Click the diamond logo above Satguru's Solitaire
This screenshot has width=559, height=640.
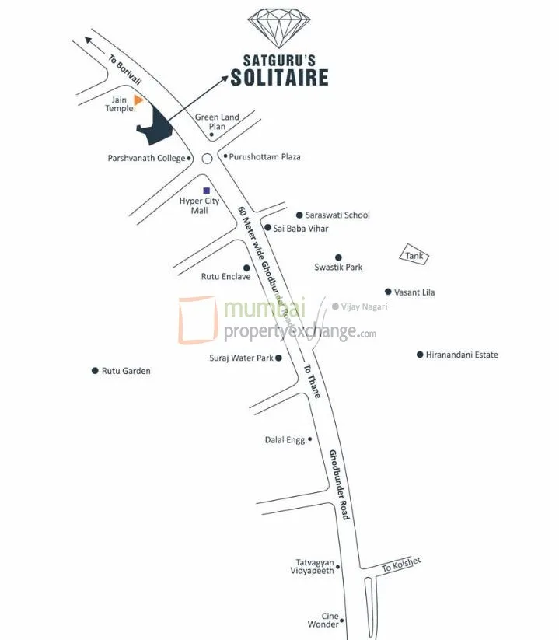pyautogui.click(x=279, y=28)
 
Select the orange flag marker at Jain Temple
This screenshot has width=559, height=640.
pyautogui.click(x=138, y=100)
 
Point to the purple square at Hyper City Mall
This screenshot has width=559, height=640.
pyautogui.click(x=206, y=190)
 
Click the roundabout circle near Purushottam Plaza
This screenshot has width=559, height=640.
pyautogui.click(x=207, y=159)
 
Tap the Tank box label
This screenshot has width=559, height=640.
pyautogui.click(x=414, y=254)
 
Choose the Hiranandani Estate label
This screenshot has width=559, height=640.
pyautogui.click(x=462, y=355)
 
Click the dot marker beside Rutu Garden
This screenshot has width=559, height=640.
pyautogui.click(x=95, y=371)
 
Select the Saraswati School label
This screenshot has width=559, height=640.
pyautogui.click(x=337, y=215)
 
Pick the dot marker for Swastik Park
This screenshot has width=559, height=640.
pyautogui.click(x=338, y=257)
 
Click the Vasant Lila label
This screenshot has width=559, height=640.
pyautogui.click(x=414, y=292)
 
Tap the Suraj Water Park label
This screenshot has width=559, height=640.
pyautogui.click(x=241, y=358)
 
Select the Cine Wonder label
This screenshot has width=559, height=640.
pyautogui.click(x=324, y=619)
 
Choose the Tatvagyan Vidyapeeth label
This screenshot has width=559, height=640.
pyautogui.click(x=314, y=566)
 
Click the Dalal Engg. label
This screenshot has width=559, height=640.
pyautogui.click(x=285, y=440)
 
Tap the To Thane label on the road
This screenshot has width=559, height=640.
pyautogui.click(x=311, y=381)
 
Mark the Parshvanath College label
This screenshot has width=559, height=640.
pyautogui.click(x=146, y=158)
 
